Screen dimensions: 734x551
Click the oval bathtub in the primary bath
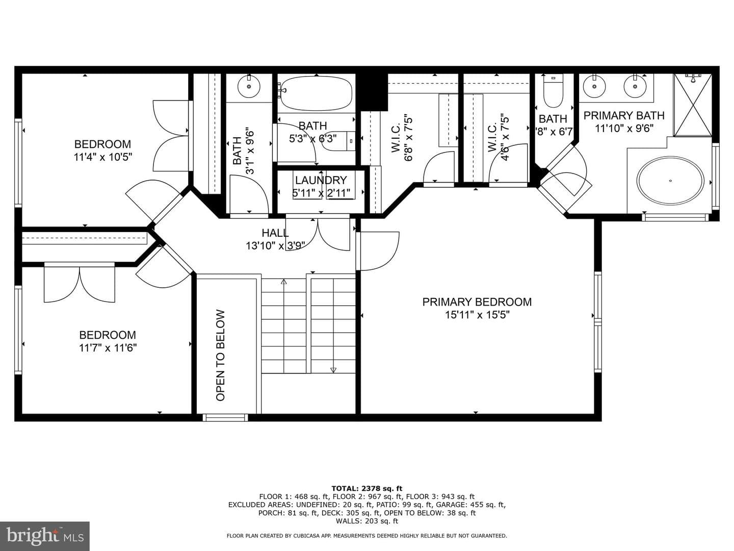[670, 180]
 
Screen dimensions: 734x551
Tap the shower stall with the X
[693, 105]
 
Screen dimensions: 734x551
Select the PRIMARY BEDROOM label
[477, 302]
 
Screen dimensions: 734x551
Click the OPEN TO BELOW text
[220, 355]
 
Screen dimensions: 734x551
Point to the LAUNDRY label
[321, 180]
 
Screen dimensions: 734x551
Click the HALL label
[275, 233]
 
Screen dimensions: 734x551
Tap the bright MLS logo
[45, 536]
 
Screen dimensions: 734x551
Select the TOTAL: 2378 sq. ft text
[367, 488]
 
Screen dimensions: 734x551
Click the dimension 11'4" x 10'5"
[103, 157]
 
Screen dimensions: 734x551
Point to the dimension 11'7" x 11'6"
[108, 348]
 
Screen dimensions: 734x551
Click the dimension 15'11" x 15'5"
[477, 315]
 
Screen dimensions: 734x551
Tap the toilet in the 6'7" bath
[553, 90]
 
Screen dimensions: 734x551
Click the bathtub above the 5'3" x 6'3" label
[316, 94]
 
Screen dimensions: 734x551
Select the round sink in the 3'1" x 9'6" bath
[249, 86]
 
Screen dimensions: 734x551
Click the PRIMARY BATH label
[624, 115]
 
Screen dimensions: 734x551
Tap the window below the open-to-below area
[225, 417]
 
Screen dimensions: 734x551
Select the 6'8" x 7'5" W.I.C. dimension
[409, 139]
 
